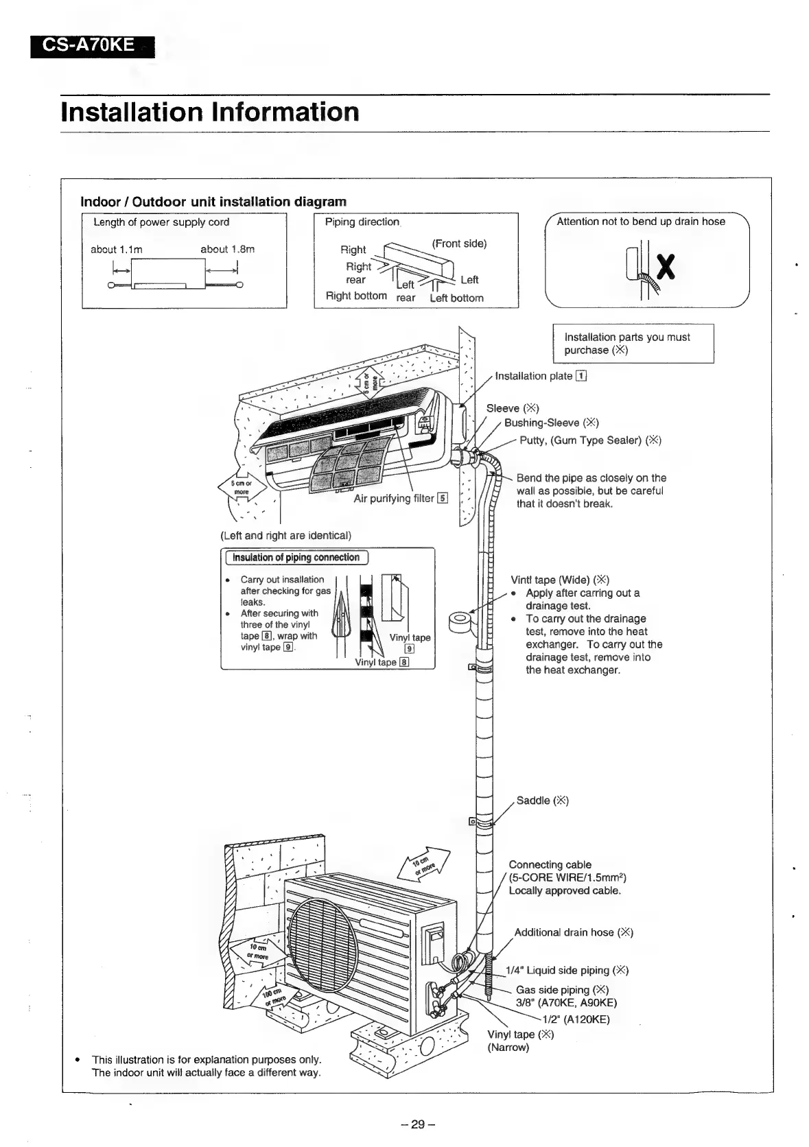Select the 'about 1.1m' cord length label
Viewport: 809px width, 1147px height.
click(117, 250)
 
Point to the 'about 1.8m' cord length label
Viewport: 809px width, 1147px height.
click(227, 250)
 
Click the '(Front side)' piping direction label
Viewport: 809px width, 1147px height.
click(459, 244)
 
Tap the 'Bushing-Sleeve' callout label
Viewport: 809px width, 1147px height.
click(552, 423)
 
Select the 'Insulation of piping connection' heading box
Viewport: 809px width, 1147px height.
click(296, 558)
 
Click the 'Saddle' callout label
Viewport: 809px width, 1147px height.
click(542, 801)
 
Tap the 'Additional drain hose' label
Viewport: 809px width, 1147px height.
click(573, 932)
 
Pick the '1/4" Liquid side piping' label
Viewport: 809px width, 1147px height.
click(567, 970)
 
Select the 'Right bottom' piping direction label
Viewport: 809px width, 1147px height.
click(356, 296)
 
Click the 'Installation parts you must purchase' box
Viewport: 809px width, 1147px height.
click(633, 343)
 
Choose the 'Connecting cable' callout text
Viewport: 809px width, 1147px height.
click(550, 864)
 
